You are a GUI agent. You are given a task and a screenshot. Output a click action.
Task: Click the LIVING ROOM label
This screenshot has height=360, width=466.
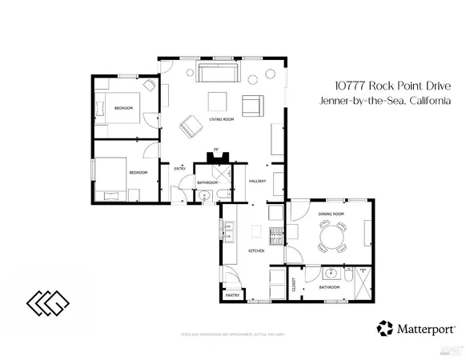tap(221, 120)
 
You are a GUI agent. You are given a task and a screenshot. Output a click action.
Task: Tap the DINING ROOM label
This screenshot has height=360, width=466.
tap(331, 215)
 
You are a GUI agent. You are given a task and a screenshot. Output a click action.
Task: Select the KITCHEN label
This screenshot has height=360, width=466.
tap(256, 251)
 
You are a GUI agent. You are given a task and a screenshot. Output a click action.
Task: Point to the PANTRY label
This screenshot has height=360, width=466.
tap(232, 295)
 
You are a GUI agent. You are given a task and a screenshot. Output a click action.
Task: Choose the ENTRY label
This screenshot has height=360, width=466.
tap(180, 168)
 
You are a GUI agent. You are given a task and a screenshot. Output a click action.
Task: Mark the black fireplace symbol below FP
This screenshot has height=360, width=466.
tap(215, 157)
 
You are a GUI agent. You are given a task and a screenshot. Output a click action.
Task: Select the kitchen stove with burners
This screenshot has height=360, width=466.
tap(275, 233)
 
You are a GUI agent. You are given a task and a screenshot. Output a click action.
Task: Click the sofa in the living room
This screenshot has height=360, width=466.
tap(218, 75)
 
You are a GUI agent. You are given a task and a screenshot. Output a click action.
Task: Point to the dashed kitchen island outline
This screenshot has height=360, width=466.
tap(255, 232)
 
